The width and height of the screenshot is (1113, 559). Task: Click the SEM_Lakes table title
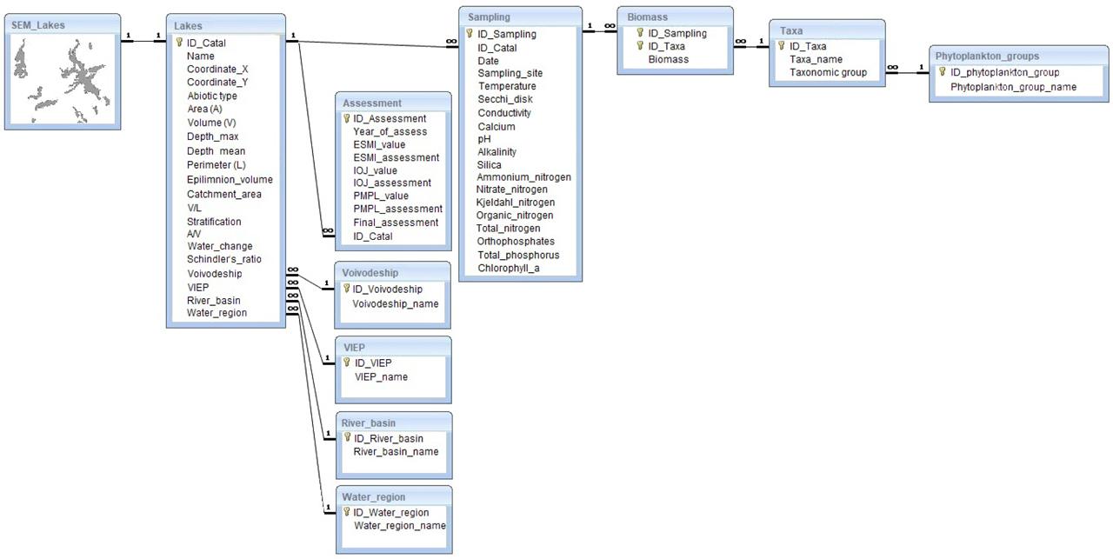[x=38, y=25]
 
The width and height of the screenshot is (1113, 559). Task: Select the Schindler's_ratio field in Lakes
[x=224, y=259]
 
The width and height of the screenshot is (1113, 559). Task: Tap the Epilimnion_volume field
[x=230, y=180]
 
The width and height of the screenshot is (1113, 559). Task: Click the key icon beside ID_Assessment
[x=346, y=118]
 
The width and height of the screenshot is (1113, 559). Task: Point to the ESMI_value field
[x=379, y=144]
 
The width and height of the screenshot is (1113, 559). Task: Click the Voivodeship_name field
[x=396, y=303]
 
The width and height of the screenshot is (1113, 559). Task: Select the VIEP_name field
[x=381, y=376]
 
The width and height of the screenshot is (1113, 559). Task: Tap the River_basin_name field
[x=396, y=451]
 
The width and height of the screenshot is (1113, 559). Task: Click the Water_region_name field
[x=400, y=525]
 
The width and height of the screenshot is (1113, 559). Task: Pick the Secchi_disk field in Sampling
[x=505, y=99]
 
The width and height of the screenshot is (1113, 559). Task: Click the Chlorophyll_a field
[x=509, y=268]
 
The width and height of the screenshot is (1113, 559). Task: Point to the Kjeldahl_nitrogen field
[x=516, y=203]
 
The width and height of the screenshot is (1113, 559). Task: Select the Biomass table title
[x=647, y=17]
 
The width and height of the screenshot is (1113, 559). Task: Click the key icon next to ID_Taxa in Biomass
[x=641, y=46]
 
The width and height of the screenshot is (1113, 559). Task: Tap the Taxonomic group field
[x=828, y=72]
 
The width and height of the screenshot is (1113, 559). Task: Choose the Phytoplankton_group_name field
[x=1013, y=87]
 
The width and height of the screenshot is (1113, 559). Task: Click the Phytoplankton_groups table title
[x=987, y=56]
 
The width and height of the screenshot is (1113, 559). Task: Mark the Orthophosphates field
[x=516, y=241]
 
